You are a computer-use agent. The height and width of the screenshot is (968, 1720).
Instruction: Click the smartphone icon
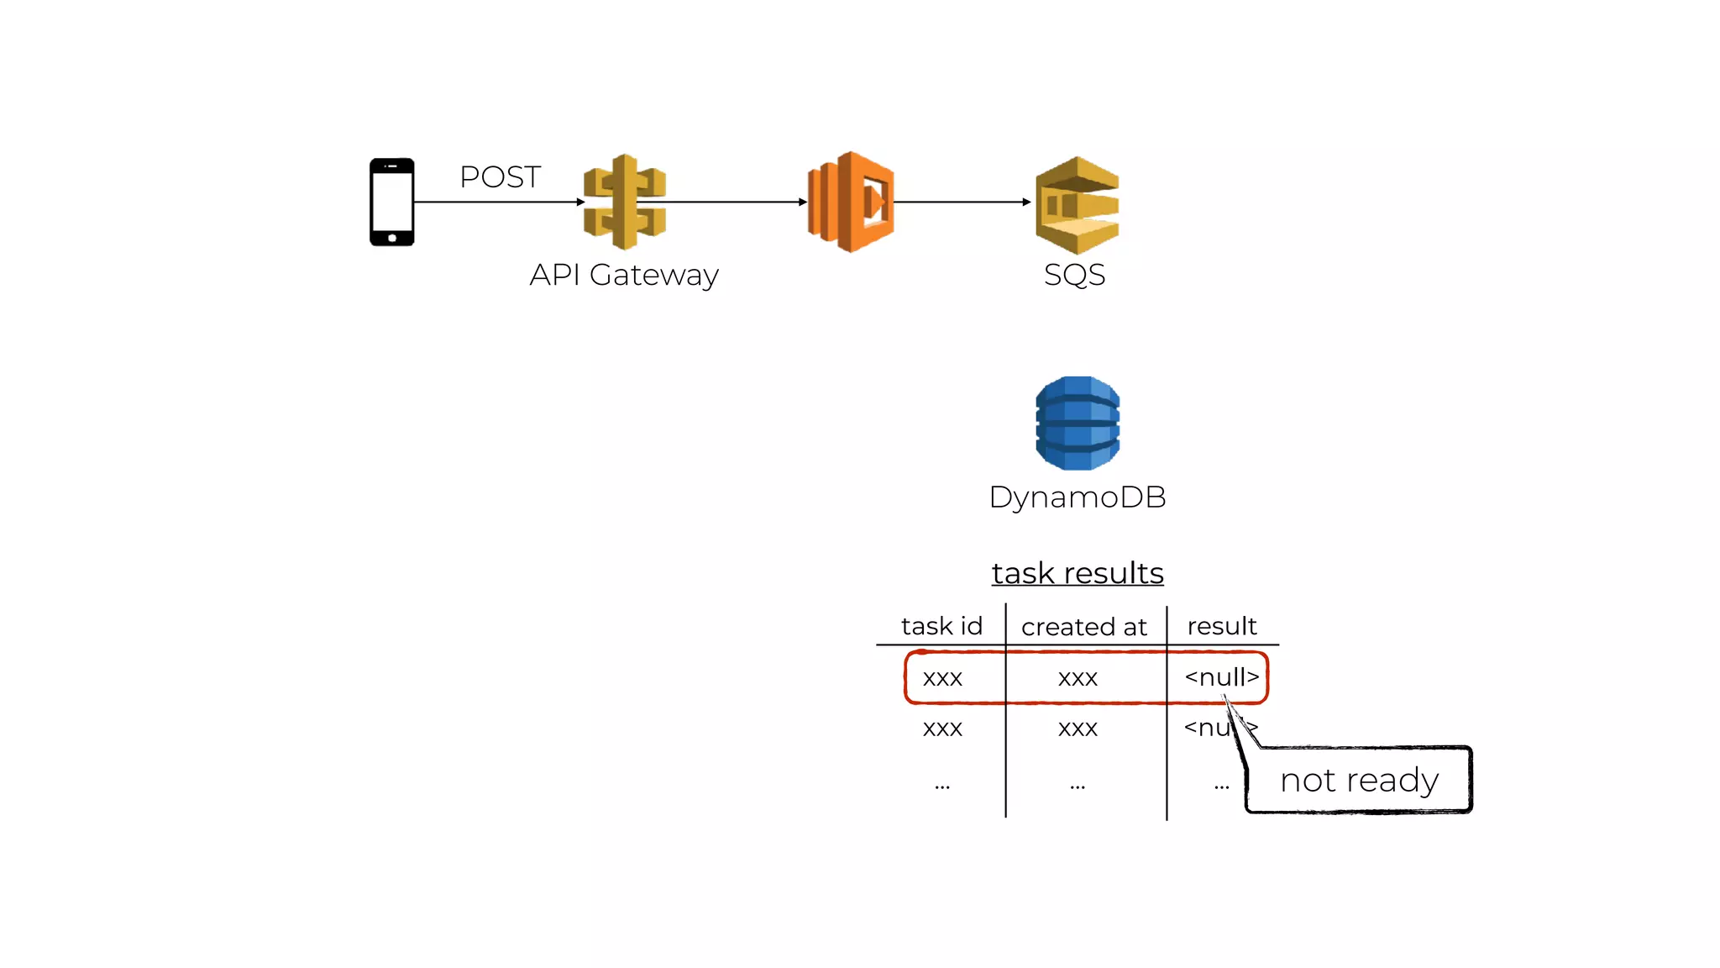point(391,202)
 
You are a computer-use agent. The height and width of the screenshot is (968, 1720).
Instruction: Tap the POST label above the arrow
point(500,177)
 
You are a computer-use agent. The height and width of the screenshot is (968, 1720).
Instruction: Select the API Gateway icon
point(624,202)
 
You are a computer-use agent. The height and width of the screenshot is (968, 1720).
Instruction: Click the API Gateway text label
point(624,275)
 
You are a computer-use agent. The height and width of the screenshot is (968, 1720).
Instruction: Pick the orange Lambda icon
point(850,202)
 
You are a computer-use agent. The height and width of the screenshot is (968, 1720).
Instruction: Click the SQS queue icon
point(1077,205)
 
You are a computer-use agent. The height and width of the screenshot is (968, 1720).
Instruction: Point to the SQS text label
point(1074,275)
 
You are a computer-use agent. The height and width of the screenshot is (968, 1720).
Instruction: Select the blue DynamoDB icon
point(1078,423)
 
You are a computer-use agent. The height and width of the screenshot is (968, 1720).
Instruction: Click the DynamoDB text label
point(1078,497)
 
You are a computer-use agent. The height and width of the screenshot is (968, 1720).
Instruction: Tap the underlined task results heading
point(1078,573)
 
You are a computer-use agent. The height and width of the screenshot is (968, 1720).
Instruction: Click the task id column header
point(941,626)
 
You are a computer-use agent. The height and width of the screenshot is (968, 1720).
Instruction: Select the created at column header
point(1083,627)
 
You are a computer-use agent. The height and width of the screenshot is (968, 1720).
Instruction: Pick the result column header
point(1221,626)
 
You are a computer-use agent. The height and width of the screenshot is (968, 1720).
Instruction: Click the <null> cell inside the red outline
point(1221,677)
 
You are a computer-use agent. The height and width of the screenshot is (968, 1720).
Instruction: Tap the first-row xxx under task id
point(942,678)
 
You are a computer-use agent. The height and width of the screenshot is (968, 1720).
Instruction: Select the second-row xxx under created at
point(1078,729)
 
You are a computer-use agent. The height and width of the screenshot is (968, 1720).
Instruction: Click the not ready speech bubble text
point(1359,781)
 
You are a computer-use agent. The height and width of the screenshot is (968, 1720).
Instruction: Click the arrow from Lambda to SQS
point(962,202)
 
